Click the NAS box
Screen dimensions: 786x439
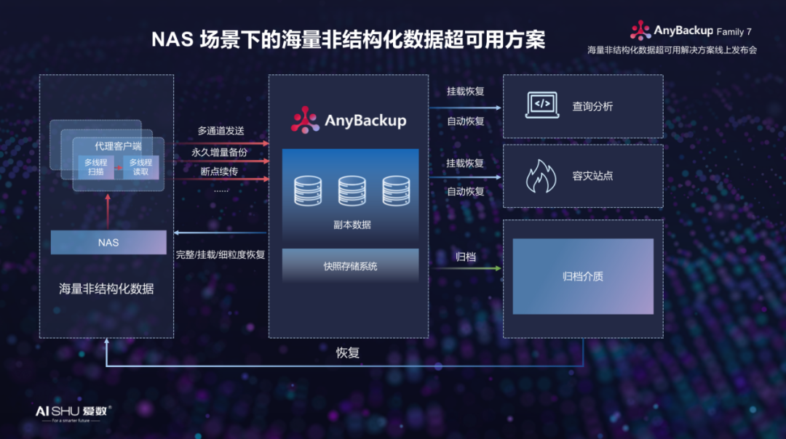pos(108,242)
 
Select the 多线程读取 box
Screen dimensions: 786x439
pos(140,167)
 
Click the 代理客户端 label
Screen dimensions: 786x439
pos(118,146)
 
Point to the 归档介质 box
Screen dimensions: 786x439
pos(583,276)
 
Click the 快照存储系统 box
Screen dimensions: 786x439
pos(350,266)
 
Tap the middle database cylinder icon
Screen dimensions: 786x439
pos(352,190)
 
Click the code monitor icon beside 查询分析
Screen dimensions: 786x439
pos(541,105)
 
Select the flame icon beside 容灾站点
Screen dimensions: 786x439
pos(541,177)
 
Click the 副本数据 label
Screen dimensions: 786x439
pos(352,225)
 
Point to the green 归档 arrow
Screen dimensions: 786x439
pos(466,269)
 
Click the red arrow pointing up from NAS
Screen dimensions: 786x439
pos(108,211)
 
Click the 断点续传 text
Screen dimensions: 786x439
pos(219,172)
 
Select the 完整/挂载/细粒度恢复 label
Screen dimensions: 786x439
pos(221,255)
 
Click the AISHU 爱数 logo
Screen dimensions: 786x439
pos(74,411)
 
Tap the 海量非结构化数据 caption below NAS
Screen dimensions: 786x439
pos(106,289)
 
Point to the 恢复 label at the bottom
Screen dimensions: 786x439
pos(348,353)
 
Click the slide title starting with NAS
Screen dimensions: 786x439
pos(348,39)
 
